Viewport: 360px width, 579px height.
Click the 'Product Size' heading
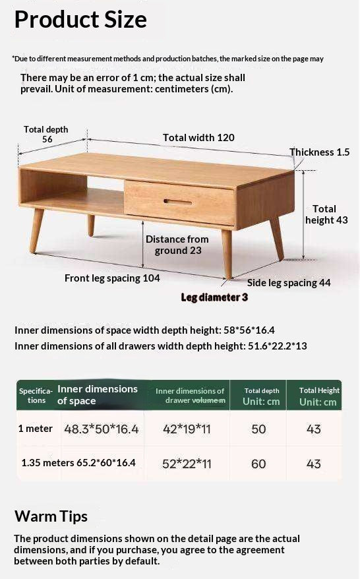point(80,20)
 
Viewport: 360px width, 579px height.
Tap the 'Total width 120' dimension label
point(198,138)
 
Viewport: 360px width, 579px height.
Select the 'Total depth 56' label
point(46,135)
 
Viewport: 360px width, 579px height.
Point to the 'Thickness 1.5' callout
point(319,152)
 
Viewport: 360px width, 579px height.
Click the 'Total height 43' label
point(325,214)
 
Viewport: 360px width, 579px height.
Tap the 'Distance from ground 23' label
point(177,245)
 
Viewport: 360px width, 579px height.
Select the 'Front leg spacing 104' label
point(112,278)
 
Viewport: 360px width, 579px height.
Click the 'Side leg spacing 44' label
point(289,283)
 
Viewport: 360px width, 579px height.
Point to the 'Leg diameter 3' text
point(214,297)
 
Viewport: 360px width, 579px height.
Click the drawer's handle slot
point(179,201)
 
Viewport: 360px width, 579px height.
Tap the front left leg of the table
point(38,231)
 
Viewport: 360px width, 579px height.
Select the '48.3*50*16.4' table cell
point(102,429)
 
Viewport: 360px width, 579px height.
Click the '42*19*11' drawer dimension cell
point(187,429)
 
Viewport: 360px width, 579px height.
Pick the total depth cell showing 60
point(258,464)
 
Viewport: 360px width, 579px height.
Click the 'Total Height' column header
point(319,390)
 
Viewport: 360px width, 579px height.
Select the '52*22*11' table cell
point(187,464)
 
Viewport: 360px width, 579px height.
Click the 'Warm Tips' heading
point(51,516)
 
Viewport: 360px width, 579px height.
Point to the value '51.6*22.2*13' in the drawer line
point(277,346)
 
